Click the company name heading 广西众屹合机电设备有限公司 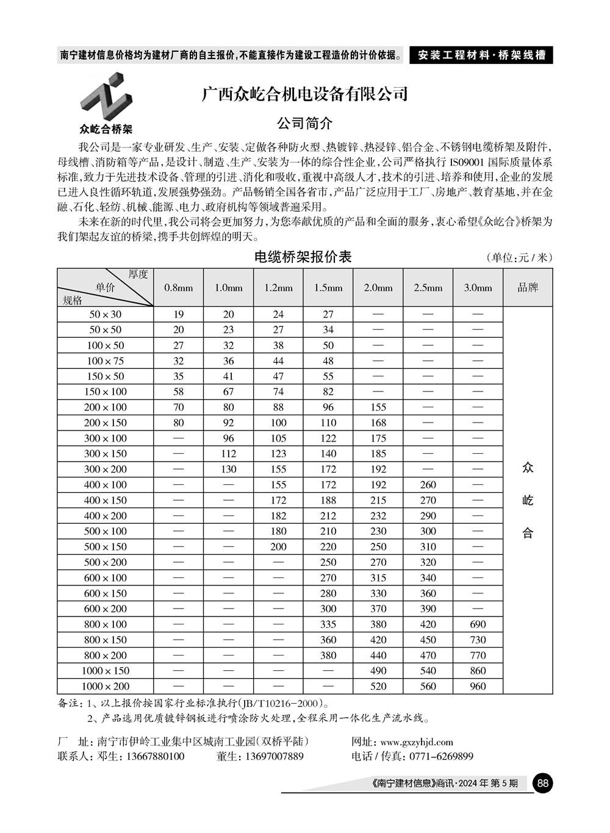click(x=304, y=94)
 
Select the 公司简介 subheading click(x=304, y=123)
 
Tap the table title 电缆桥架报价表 click(x=303, y=257)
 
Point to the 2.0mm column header click(x=378, y=288)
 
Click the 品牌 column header click(x=528, y=287)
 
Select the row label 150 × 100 click(x=105, y=391)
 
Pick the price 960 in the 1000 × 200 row click(x=478, y=686)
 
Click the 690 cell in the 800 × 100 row click(x=478, y=624)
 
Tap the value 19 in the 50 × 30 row click(x=178, y=314)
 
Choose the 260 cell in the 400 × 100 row click(x=428, y=485)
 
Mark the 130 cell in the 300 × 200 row click(x=228, y=469)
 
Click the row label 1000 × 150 click(x=105, y=671)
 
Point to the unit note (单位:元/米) click(x=519, y=258)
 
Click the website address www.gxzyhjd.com click(x=416, y=742)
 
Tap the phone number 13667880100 click(x=155, y=756)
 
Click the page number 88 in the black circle click(x=542, y=783)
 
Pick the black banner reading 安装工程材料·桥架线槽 click(x=481, y=55)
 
